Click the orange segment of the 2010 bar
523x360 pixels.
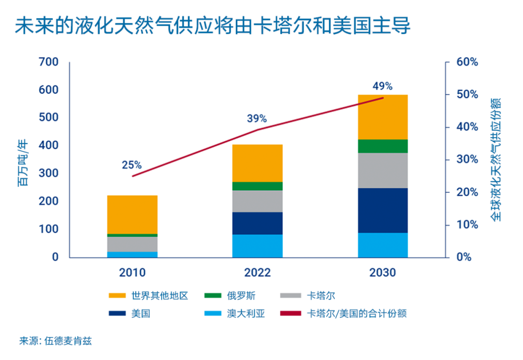pos(132,214)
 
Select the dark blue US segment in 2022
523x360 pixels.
pos(258,223)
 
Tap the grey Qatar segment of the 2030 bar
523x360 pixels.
pos(383,170)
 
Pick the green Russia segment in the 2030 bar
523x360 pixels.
pos(383,146)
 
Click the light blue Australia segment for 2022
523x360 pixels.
pos(258,246)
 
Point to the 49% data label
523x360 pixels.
pos(382,86)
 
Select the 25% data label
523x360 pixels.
pos(132,165)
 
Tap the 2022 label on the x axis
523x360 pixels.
pos(257,273)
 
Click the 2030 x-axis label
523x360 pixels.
pos(383,273)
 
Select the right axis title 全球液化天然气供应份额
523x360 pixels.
pos(495,160)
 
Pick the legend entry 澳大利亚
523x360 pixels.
pos(246,313)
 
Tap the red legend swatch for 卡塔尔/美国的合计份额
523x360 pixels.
pos(292,313)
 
